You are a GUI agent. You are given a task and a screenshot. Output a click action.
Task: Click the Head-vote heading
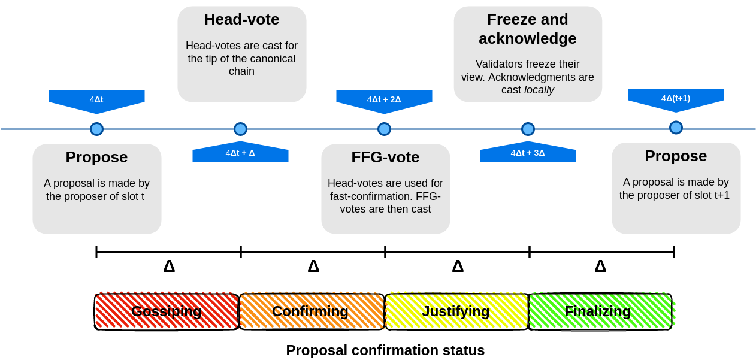tap(241, 19)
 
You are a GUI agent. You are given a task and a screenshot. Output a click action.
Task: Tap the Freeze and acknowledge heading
tap(527, 29)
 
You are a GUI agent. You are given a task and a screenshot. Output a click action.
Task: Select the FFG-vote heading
tap(385, 157)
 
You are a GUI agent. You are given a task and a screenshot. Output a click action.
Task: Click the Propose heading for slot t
tap(96, 157)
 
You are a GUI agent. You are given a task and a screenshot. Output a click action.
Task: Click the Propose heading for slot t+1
tap(676, 156)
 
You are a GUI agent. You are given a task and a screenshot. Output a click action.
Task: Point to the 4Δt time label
tap(96, 99)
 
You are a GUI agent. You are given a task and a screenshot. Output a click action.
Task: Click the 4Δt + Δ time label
tap(240, 153)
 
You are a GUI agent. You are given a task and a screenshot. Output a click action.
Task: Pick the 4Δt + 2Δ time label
tap(384, 99)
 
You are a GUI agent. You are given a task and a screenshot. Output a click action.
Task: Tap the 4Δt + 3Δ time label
tap(528, 153)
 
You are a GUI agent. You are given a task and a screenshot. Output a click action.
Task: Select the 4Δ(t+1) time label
tap(676, 98)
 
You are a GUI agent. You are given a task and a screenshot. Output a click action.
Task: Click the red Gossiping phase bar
tap(167, 311)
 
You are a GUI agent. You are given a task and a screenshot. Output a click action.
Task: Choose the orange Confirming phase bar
tap(311, 311)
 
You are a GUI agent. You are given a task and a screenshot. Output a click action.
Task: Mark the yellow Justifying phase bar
tap(456, 311)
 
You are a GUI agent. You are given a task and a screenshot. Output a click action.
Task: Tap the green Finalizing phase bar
tap(599, 311)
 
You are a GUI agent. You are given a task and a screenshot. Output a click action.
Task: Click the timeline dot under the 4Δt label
tap(96, 129)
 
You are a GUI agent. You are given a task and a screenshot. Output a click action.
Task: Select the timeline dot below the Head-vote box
tap(240, 129)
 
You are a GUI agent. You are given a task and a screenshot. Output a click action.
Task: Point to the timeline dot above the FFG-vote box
tap(384, 129)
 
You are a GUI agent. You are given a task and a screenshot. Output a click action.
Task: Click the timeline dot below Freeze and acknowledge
tap(528, 129)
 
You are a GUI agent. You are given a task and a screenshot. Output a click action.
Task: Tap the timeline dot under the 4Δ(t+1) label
tap(676, 128)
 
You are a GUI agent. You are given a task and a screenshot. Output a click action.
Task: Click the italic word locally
tap(539, 90)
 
